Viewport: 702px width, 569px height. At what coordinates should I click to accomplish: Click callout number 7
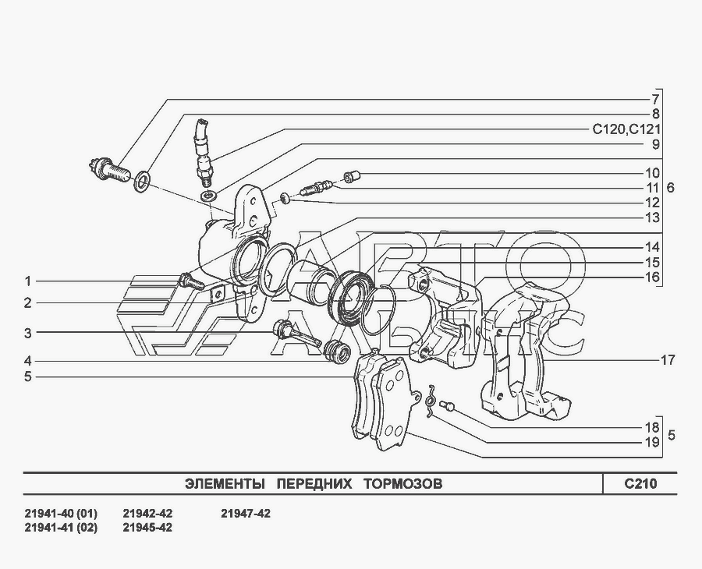(656, 100)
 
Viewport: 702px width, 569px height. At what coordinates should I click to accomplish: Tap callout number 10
(652, 173)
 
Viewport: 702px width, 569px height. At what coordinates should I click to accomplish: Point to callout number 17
(667, 360)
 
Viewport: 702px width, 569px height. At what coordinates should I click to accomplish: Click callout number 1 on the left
(27, 281)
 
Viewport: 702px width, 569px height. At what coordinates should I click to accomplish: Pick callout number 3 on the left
(27, 333)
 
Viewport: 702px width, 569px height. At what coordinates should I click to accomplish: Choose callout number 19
(652, 442)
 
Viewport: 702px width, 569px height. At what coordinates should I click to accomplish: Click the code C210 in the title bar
(640, 484)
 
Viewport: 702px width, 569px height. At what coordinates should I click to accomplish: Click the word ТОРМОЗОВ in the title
(402, 484)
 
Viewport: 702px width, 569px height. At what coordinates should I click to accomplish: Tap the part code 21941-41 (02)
(62, 527)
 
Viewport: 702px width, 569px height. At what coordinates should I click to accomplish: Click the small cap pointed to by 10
(351, 177)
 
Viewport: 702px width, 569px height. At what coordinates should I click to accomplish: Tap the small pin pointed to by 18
(448, 405)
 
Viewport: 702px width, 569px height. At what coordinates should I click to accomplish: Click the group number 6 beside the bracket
(671, 188)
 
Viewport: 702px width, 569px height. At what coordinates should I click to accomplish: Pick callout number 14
(652, 247)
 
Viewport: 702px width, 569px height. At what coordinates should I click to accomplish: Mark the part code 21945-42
(147, 527)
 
